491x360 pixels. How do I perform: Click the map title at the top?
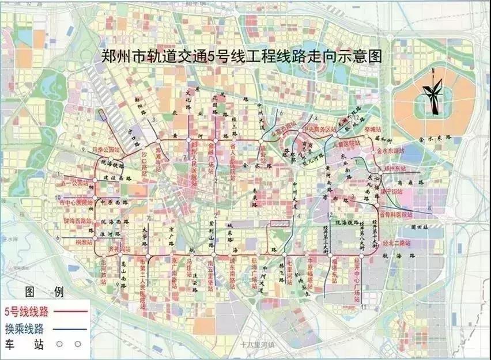point(241,56)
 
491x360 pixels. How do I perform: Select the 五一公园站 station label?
point(76,184)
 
